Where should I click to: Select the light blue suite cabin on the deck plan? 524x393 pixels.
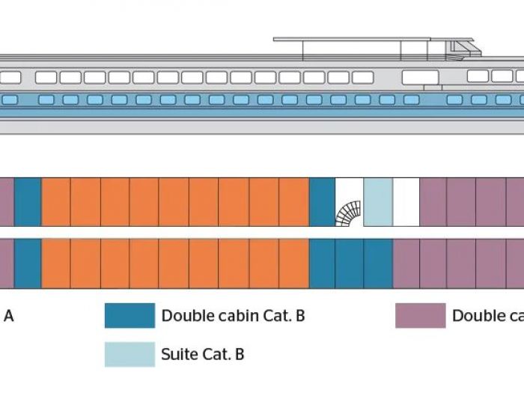click(377, 202)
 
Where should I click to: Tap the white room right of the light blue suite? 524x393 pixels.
click(406, 202)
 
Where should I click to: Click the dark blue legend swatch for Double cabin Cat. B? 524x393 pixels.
click(130, 316)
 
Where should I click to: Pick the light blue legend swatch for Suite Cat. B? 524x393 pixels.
click(130, 354)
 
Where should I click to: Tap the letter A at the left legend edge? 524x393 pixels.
click(8, 316)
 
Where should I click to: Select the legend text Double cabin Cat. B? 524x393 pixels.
click(233, 316)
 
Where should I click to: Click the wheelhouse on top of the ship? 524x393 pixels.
click(462, 49)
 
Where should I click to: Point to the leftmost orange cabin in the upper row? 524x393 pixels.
click(55, 202)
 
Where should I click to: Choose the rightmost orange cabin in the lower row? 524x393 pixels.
click(293, 263)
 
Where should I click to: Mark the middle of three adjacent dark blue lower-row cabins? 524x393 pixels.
click(350, 263)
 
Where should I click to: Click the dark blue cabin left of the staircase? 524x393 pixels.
click(322, 202)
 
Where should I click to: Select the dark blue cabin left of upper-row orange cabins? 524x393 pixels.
click(28, 202)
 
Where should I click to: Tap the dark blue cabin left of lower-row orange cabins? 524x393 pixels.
click(28, 263)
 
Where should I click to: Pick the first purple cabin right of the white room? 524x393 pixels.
click(433, 202)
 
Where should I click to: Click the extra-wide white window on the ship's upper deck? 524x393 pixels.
click(420, 77)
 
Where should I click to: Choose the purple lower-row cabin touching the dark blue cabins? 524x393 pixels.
click(406, 263)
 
